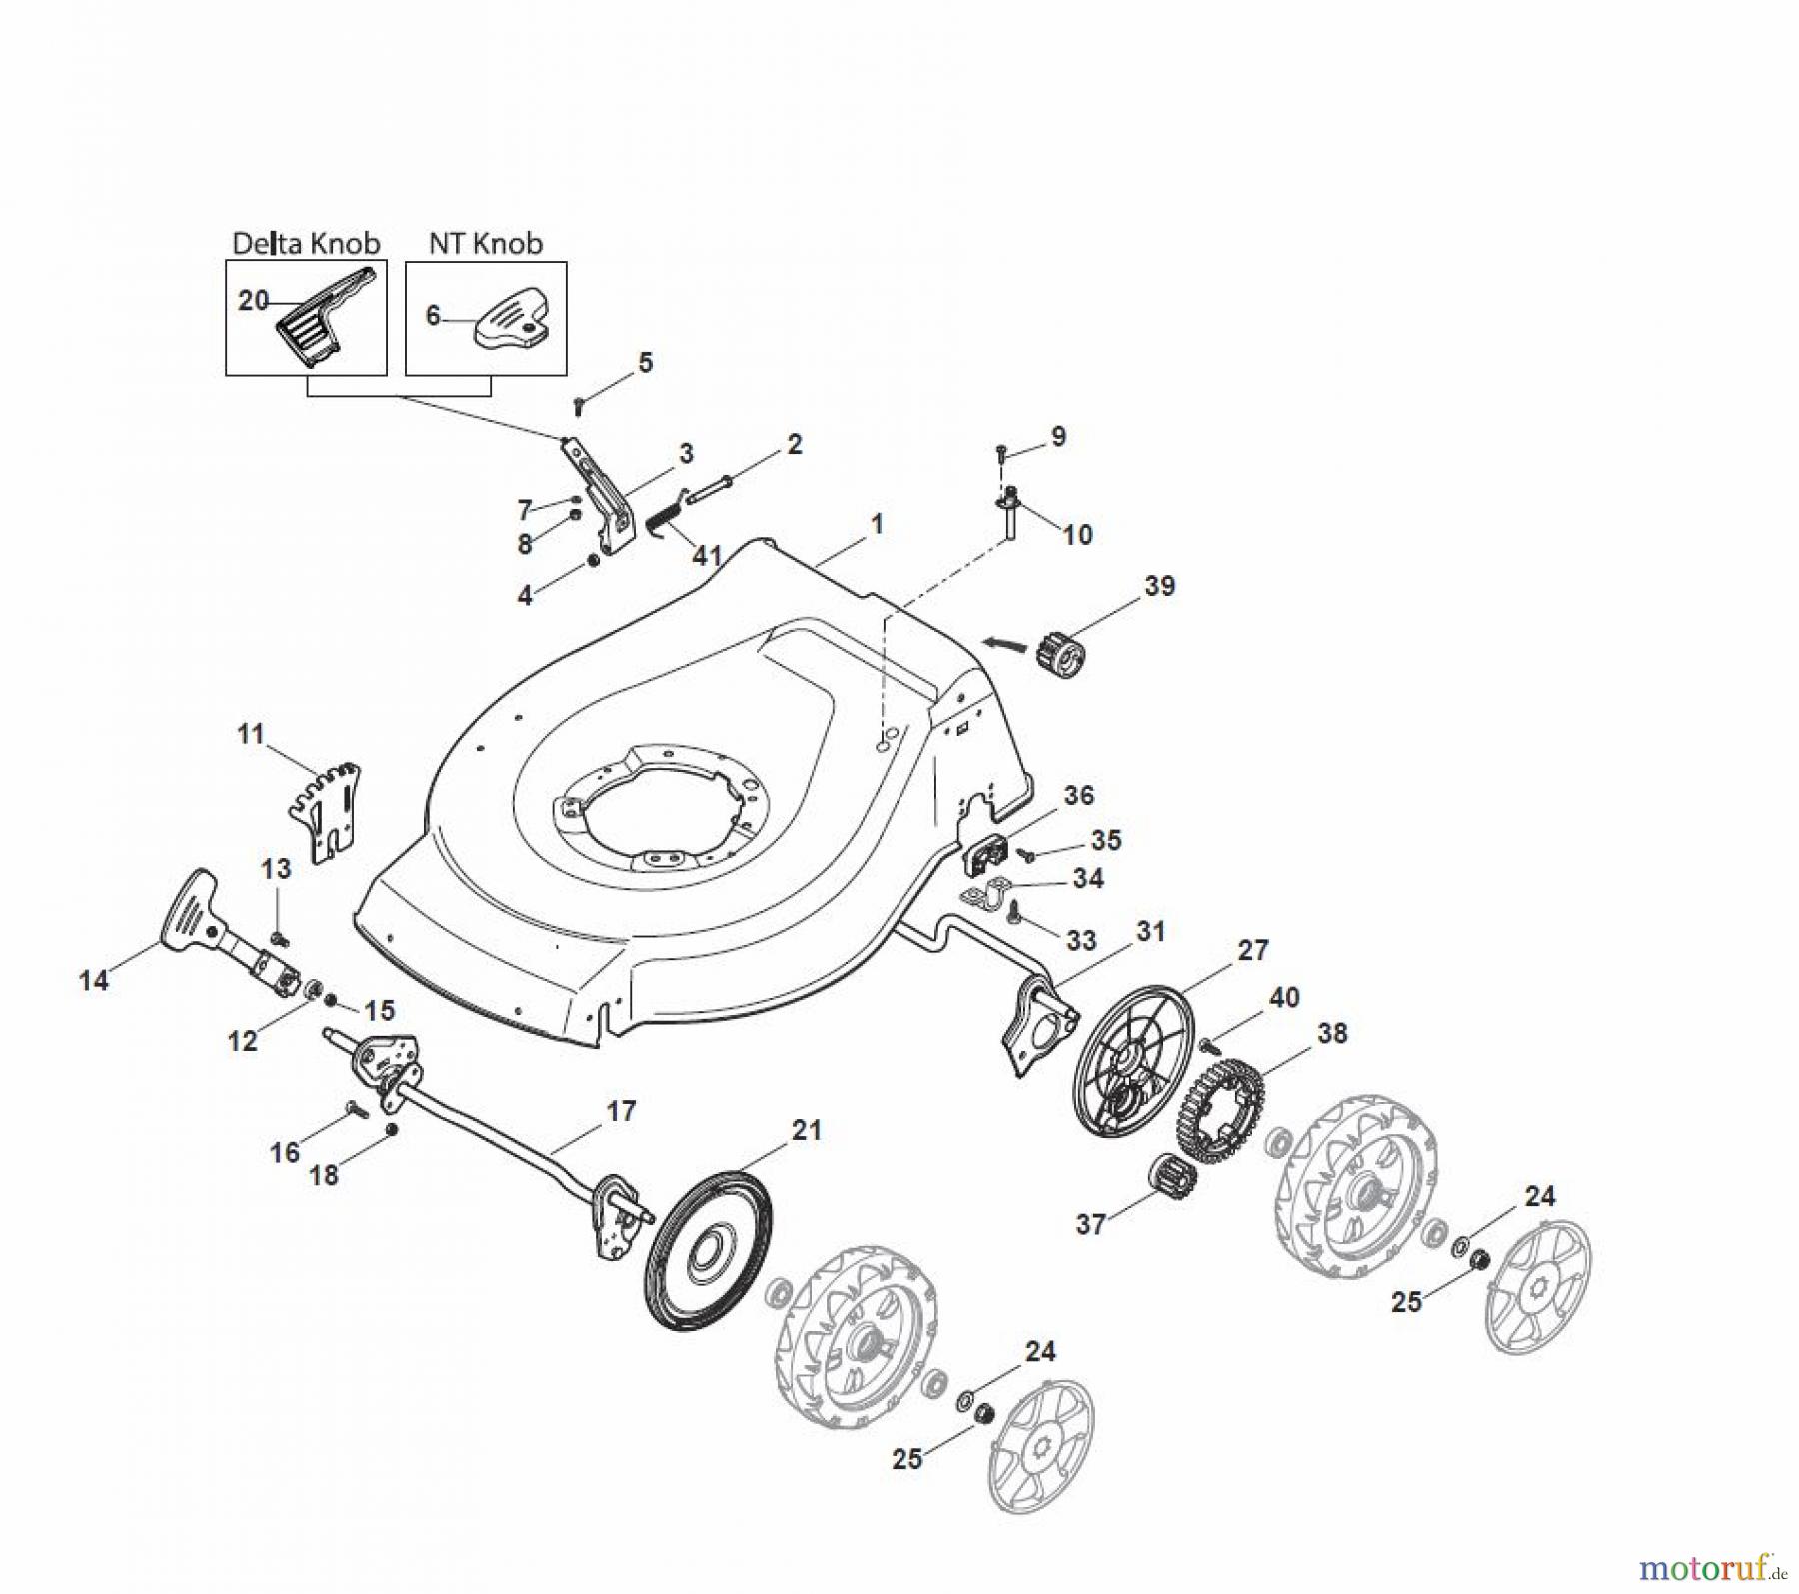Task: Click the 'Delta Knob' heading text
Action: [306, 243]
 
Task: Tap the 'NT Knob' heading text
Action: [485, 243]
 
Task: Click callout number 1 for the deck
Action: [877, 523]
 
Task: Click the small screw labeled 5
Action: [578, 405]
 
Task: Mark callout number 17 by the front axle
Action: [621, 1110]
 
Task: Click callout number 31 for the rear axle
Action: [1151, 931]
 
